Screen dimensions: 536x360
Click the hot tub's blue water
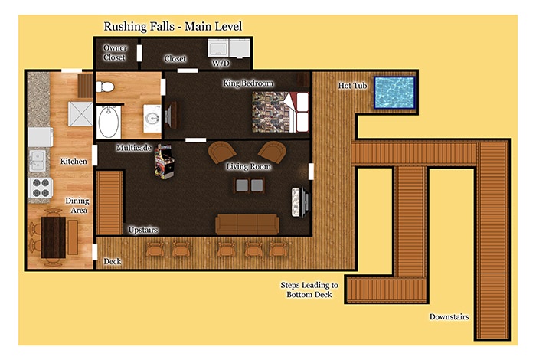pyautogui.click(x=394, y=93)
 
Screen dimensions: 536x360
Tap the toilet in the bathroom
pyautogui.click(x=105, y=87)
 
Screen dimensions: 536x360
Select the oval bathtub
pyautogui.click(x=109, y=122)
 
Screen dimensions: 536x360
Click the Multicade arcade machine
pyautogui.click(x=164, y=162)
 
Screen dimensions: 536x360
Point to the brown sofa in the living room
pyautogui.click(x=247, y=224)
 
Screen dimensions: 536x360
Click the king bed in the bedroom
pyautogui.click(x=280, y=112)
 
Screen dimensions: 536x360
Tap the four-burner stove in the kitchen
pyautogui.click(x=41, y=188)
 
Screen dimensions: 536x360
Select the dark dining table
pyautogui.click(x=54, y=237)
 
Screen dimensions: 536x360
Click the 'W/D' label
pyautogui.click(x=221, y=63)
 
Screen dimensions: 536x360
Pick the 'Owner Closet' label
pyautogui.click(x=115, y=53)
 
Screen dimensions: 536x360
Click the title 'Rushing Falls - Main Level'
pyautogui.click(x=173, y=26)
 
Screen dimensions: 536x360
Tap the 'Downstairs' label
pyautogui.click(x=449, y=317)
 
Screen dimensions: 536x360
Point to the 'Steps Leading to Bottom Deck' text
pyautogui.click(x=309, y=290)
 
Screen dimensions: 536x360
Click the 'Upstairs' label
pyautogui.click(x=143, y=230)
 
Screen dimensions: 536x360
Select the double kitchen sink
pyautogui.click(x=38, y=161)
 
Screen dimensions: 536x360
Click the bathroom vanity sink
pyautogui.click(x=152, y=119)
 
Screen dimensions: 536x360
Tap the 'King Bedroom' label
pyautogui.click(x=248, y=83)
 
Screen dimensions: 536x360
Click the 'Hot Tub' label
pyautogui.click(x=352, y=86)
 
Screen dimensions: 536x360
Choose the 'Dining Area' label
pyautogui.click(x=77, y=205)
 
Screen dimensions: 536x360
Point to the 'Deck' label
pyautogui.click(x=113, y=261)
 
